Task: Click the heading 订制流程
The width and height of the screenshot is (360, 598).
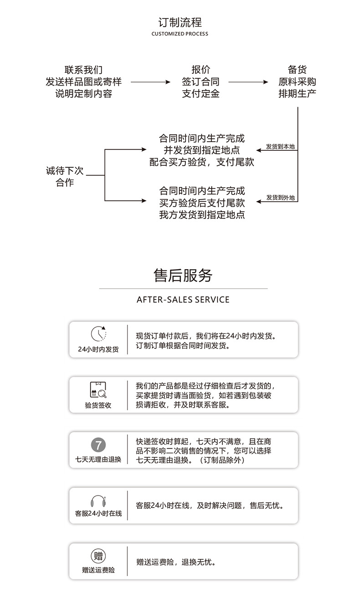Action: point(180,22)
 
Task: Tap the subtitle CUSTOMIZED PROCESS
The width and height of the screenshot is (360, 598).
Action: point(180,34)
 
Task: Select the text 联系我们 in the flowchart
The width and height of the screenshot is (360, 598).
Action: point(83,70)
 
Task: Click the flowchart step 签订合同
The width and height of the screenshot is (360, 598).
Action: point(201,82)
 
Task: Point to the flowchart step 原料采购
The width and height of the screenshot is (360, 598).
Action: point(297,82)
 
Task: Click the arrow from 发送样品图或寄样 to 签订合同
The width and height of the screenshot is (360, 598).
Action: point(150,82)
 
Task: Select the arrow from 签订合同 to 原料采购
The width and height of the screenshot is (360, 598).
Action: point(248,82)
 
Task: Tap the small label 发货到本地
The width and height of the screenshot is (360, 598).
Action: point(280,147)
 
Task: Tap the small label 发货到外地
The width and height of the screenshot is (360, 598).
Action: point(280,198)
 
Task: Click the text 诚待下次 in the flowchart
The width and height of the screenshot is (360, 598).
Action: point(65,171)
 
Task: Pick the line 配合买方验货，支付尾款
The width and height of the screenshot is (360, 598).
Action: point(202,162)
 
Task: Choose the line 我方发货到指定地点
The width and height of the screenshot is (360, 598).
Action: point(202,215)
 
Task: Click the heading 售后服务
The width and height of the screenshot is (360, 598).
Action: point(183,276)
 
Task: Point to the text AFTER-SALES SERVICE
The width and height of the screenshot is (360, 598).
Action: point(183,300)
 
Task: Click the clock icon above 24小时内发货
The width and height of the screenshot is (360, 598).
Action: point(98,334)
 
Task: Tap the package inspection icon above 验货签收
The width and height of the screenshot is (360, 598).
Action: point(98,390)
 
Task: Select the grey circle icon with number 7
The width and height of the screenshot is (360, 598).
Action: point(98,445)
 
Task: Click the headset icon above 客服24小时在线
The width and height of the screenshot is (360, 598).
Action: point(98,501)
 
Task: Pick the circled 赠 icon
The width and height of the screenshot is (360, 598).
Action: point(98,556)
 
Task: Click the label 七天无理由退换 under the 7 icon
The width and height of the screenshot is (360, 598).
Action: point(98,459)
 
